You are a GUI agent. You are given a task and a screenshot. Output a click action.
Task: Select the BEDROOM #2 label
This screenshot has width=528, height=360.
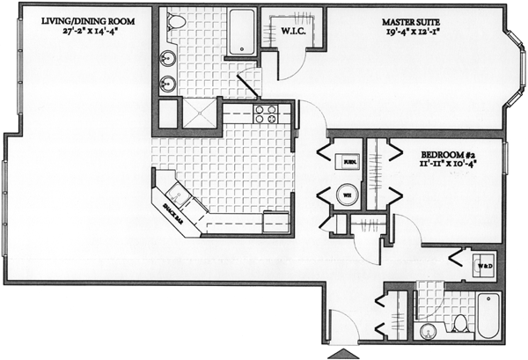[x=449, y=151]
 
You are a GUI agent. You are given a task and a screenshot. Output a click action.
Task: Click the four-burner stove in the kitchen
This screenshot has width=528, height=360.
[x=266, y=114]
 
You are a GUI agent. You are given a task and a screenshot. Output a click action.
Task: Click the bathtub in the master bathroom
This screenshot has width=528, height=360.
[x=238, y=32]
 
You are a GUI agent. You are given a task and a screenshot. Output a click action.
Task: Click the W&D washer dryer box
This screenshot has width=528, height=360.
[x=484, y=265]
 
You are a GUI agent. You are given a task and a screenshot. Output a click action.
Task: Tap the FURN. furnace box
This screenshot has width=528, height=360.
[x=349, y=162]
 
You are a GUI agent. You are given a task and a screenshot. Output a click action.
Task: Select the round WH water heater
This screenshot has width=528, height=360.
[x=348, y=195]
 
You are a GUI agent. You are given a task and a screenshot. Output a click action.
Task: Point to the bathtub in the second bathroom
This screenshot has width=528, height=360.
[x=488, y=318]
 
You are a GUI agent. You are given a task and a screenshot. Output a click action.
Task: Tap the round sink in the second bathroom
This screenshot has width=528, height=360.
[x=429, y=332]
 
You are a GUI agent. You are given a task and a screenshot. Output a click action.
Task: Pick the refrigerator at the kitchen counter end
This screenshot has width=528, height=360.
[x=276, y=222]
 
